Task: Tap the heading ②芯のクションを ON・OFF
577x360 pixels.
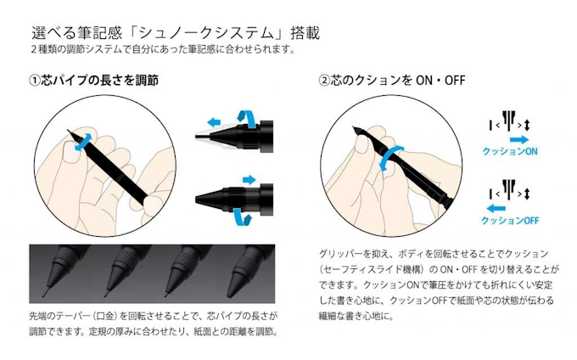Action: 391,81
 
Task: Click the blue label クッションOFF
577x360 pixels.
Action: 510,220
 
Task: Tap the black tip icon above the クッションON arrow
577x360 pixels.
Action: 509,121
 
